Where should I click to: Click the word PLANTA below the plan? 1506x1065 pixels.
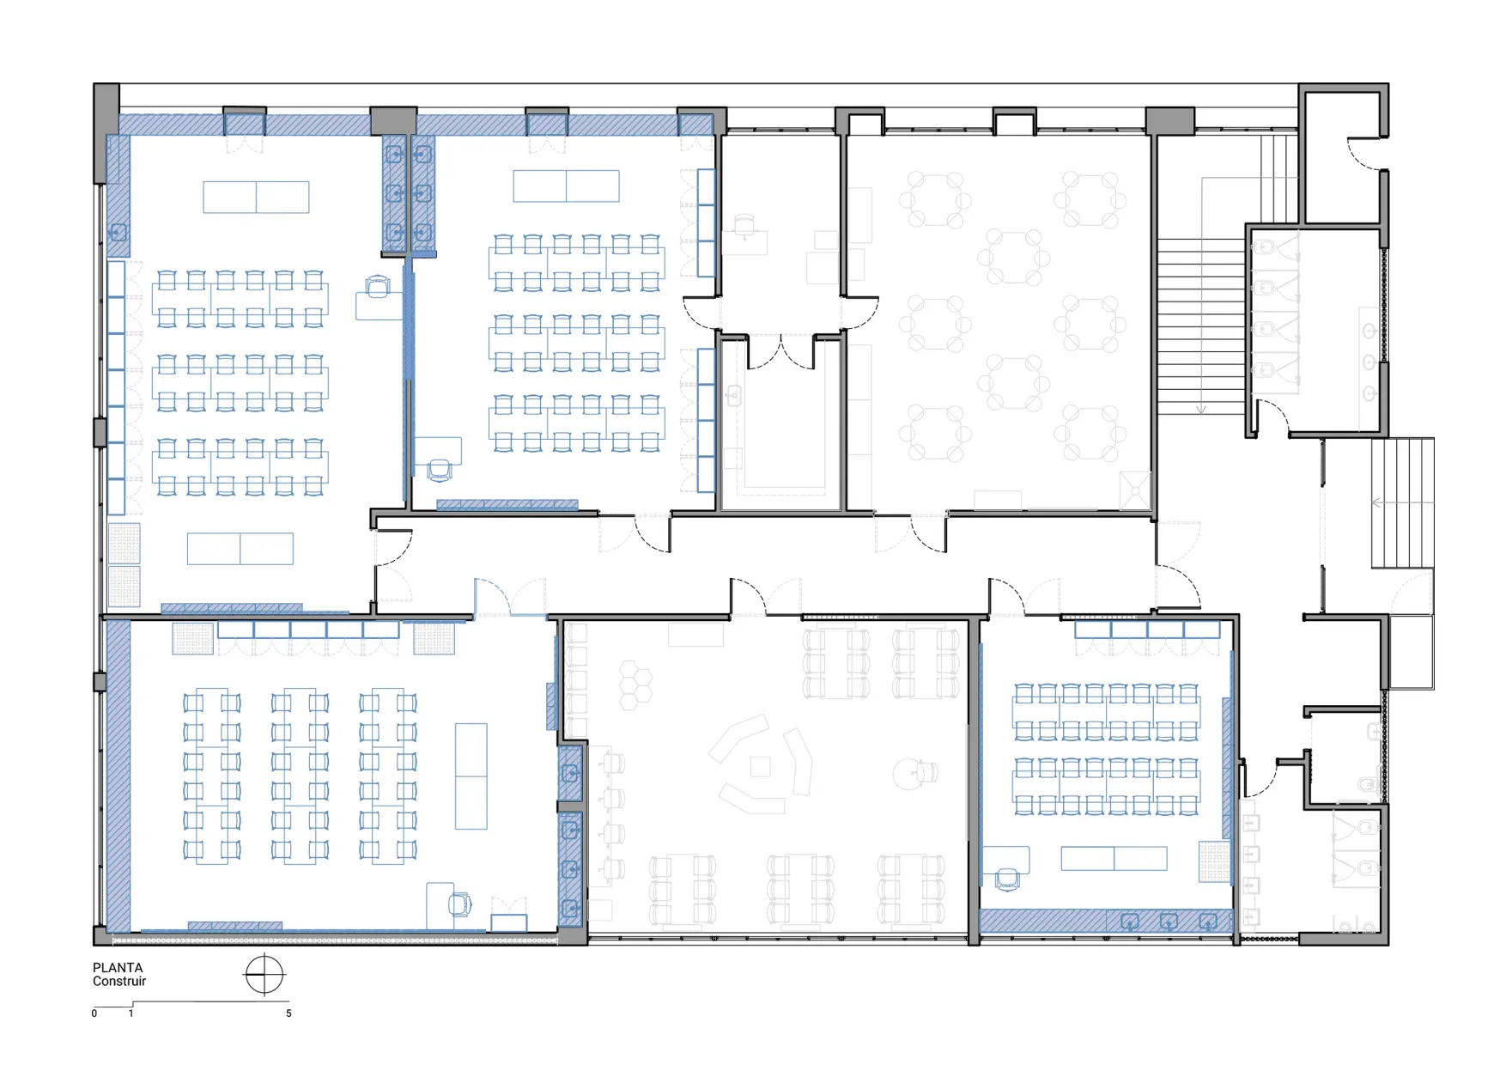[118, 967]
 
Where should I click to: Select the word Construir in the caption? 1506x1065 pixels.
[119, 981]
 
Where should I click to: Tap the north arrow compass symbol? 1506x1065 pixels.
[264, 975]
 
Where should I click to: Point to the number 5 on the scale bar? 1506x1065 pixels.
[288, 1013]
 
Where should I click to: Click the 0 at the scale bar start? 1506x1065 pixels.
[94, 1013]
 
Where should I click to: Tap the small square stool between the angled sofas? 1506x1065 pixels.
[761, 766]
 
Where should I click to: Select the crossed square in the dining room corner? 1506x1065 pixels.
[1135, 490]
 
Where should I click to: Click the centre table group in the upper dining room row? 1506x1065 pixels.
[1014, 256]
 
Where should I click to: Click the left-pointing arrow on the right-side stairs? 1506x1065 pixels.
[1378, 502]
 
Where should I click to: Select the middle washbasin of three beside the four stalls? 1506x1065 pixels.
[1370, 362]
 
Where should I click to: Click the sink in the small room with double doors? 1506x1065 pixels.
[734, 395]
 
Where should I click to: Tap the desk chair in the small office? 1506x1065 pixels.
[744, 226]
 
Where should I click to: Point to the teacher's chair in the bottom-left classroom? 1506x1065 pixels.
[460, 904]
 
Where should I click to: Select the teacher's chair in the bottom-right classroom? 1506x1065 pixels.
[1007, 879]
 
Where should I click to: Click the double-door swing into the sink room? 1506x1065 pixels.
[780, 353]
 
